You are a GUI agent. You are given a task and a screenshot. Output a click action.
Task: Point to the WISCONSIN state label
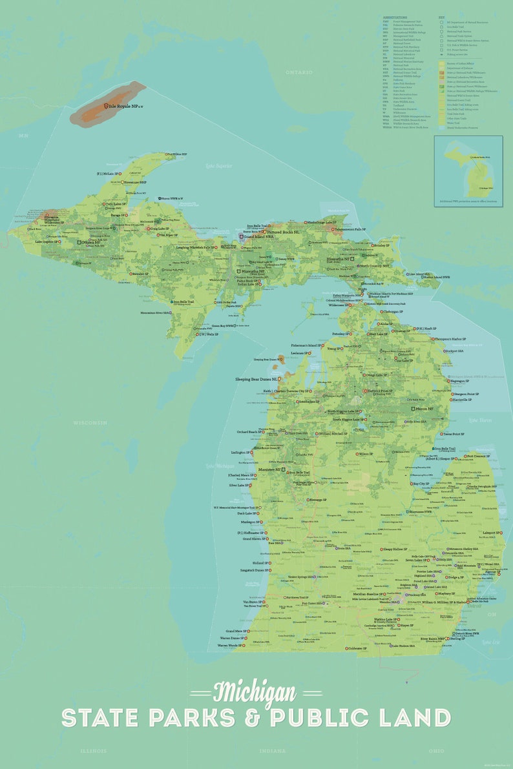[x=90, y=422]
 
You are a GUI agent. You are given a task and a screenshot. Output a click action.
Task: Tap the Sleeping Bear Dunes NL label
[x=256, y=379]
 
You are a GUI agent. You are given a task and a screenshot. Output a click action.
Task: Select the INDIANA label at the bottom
[x=272, y=751]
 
